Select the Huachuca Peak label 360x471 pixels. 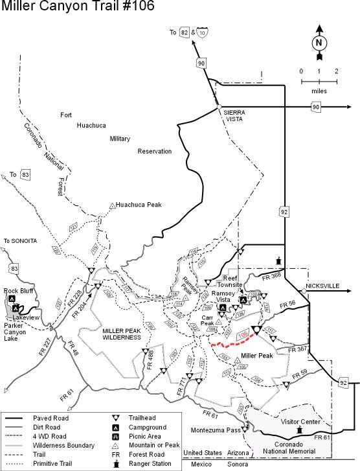139,204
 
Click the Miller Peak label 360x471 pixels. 256,356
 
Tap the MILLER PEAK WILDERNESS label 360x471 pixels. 121,334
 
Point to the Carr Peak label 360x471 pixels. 207,321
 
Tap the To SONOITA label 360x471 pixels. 21,241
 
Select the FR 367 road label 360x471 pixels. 298,349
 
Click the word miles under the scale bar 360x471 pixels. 319,91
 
